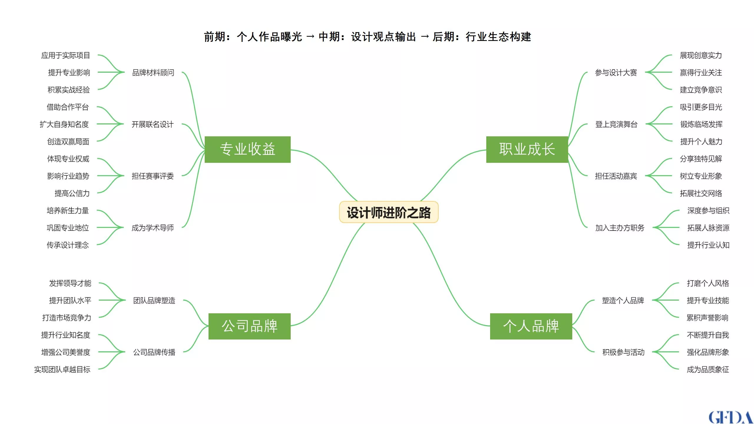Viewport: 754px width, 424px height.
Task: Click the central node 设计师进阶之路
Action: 389,212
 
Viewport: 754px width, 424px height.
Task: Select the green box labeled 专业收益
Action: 248,149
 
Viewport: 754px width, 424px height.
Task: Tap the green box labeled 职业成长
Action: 527,149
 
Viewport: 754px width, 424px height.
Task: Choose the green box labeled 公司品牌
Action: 249,326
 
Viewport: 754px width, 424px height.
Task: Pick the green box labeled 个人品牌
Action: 531,326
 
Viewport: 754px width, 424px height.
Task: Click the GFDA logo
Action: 730,417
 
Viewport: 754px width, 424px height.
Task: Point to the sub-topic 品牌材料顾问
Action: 153,72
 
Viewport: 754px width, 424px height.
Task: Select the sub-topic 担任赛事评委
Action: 153,176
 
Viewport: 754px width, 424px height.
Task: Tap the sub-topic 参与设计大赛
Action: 616,72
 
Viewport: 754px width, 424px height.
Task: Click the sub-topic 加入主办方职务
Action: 620,228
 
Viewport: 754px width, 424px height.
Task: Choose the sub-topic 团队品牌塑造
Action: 154,300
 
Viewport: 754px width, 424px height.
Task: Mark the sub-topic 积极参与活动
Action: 623,352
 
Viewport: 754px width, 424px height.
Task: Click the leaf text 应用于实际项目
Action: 65,55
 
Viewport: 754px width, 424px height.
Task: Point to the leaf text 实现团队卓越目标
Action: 62,370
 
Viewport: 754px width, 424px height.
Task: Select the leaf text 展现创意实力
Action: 701,55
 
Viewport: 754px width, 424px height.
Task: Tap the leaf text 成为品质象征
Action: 708,370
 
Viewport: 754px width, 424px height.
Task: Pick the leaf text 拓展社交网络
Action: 701,193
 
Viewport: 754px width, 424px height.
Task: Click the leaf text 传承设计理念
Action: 67,245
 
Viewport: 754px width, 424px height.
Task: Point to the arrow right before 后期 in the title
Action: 425,37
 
